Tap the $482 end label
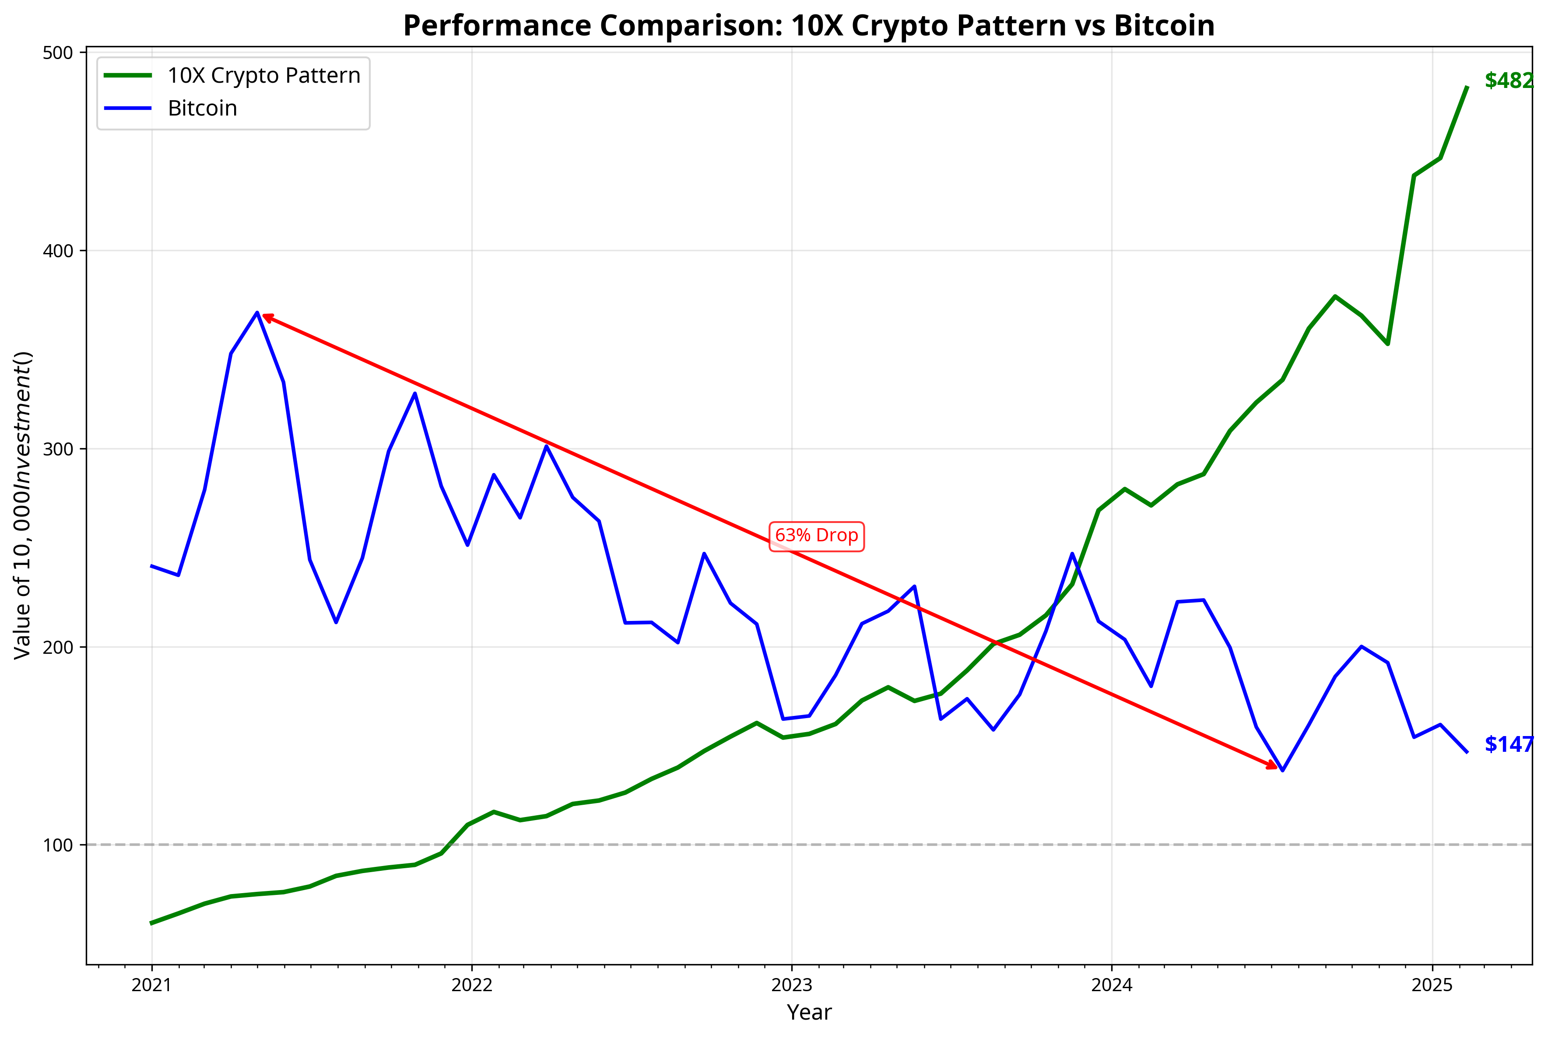[1508, 81]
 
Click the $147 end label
[1508, 744]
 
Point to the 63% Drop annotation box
[816, 536]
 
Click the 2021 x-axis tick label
[151, 985]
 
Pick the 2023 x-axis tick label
[792, 985]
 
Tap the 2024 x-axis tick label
[1112, 985]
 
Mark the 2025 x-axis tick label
[1432, 985]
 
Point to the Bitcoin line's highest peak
[257, 312]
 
